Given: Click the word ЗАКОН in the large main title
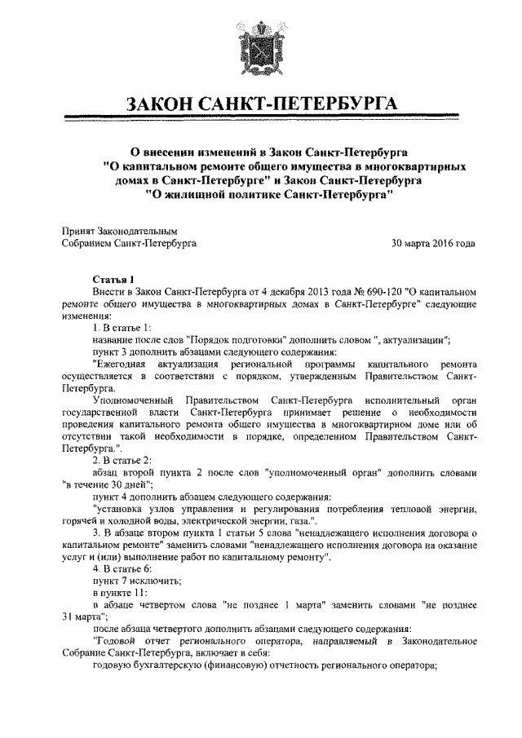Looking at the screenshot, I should pyautogui.click(x=166, y=105).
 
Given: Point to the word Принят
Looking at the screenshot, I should pyautogui.click(x=79, y=231).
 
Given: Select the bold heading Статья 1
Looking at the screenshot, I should pyautogui.click(x=113, y=278).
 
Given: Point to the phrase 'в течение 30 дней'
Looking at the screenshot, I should pyautogui.click(x=107, y=484).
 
